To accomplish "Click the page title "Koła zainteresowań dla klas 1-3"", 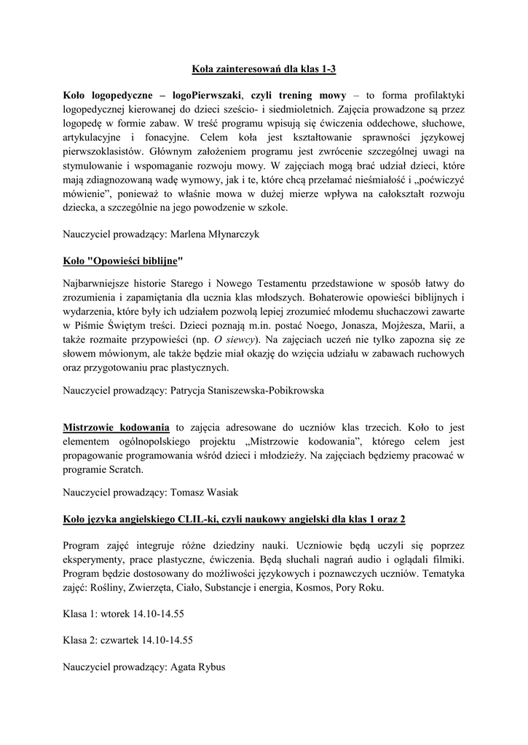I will point(264,69).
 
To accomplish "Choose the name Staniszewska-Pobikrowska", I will point(247,389).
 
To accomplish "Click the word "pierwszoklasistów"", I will point(106,151).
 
